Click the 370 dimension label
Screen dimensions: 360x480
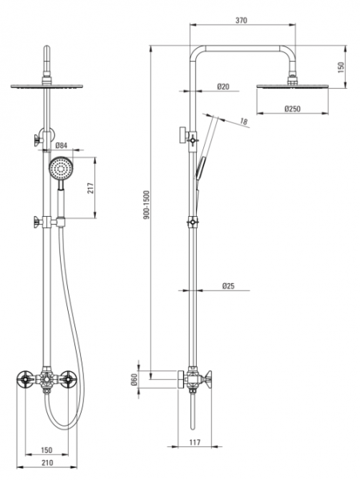[242, 21]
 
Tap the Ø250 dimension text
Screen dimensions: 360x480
[292, 109]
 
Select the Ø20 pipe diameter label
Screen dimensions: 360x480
[223, 86]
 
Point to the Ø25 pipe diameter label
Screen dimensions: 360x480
[228, 286]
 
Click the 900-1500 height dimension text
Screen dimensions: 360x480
[146, 205]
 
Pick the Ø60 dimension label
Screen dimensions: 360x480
[134, 379]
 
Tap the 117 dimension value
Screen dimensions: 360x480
[194, 442]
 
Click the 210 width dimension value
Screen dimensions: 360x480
[47, 462]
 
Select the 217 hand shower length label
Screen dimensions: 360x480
[90, 188]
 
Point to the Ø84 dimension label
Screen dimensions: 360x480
[62, 146]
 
